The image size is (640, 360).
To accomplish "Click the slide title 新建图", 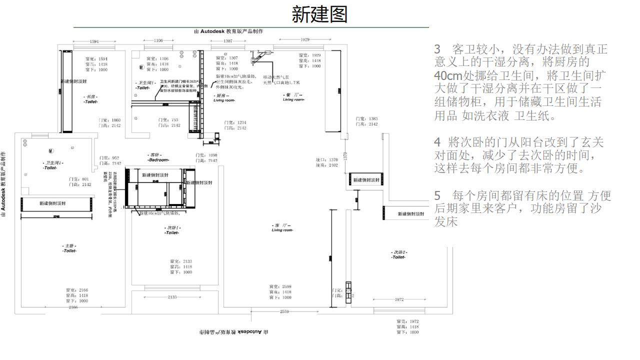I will coord(319,14).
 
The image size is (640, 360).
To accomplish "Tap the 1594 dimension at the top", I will coord(94,41).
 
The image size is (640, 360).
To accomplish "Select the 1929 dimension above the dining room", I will coord(305,39).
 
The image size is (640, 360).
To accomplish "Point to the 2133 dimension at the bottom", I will coord(172,297).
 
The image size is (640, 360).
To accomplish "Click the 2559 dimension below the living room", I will coord(284,311).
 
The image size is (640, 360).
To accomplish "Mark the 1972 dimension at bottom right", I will coord(399,299).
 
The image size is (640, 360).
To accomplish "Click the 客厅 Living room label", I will coord(282,227).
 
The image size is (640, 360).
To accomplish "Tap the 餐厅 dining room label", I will coord(293,97).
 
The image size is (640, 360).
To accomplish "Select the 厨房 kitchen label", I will coord(223,97).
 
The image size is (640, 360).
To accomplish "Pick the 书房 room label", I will coord(90,99).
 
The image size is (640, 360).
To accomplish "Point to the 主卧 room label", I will coord(69,248).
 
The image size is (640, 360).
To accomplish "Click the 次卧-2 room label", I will coord(398,254).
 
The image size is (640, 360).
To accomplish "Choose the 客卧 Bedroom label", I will coord(158,157).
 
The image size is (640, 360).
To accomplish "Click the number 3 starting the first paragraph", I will coord(437,49).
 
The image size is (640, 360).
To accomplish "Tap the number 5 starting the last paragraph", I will coord(437,195).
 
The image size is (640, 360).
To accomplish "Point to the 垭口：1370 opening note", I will coord(327,160).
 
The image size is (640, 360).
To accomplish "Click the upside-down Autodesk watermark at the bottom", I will coord(233,332).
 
